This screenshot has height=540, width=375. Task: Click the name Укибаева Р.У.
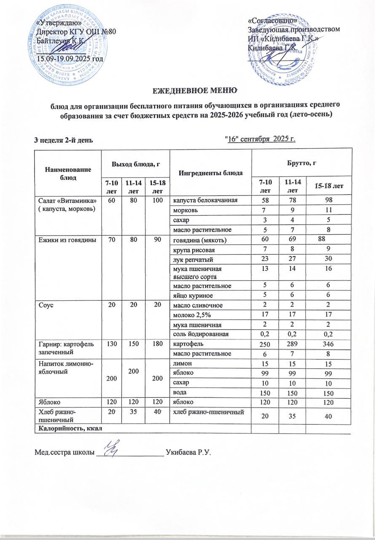pos(189,453)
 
